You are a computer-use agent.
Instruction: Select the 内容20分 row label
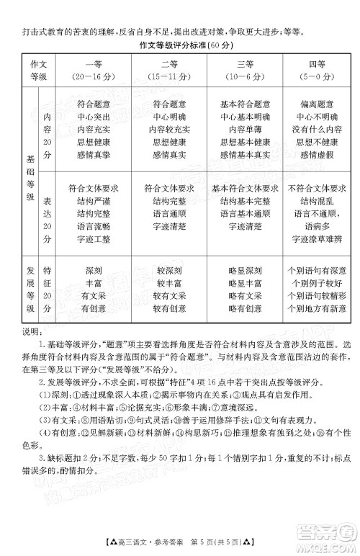48,127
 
